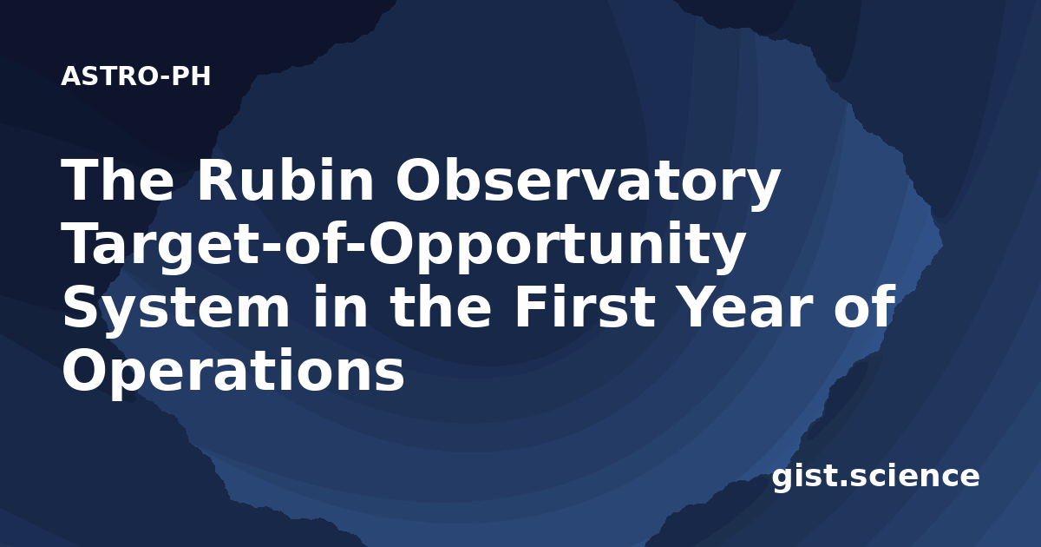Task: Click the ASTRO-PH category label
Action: pos(135,76)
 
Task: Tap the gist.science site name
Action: pos(875,478)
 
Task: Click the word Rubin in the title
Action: pos(285,180)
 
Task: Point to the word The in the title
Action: pos(118,180)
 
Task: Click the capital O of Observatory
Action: pos(420,180)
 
